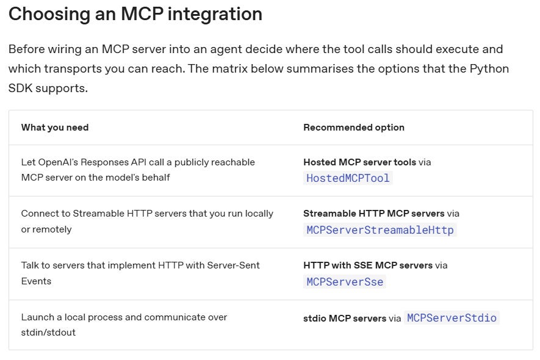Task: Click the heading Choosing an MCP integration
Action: pos(135,14)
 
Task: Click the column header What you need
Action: pos(55,128)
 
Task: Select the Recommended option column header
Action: pos(354,128)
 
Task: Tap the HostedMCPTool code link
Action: pos(348,178)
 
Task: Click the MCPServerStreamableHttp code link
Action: pos(380,230)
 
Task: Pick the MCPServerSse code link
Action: pos(345,282)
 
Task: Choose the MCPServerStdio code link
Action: pos(452,318)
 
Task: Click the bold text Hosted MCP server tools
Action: pos(359,162)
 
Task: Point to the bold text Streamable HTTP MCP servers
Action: pos(373,214)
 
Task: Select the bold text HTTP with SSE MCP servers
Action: pos(367,265)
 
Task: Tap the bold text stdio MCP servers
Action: pos(344,319)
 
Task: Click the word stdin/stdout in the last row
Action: pos(48,333)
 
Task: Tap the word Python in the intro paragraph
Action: pos(489,68)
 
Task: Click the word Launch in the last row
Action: pos(37,317)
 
